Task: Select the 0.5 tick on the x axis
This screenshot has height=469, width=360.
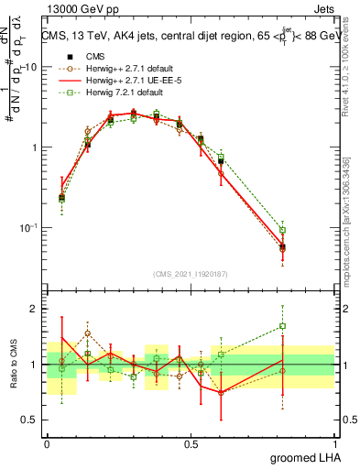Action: [x=191, y=444]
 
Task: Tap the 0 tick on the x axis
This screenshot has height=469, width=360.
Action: [x=47, y=444]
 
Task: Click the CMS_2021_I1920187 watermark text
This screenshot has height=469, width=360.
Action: [x=190, y=272]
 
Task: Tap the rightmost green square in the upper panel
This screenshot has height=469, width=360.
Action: [x=283, y=230]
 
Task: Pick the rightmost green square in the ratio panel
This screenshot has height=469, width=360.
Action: [x=283, y=326]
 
